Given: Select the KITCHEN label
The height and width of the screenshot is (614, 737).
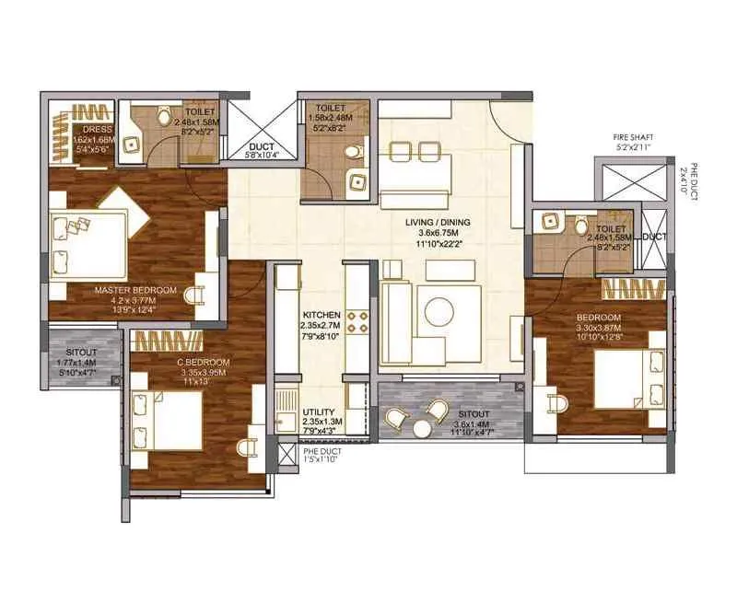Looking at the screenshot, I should click(x=322, y=315).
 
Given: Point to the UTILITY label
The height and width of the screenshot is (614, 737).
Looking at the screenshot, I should click(x=321, y=412).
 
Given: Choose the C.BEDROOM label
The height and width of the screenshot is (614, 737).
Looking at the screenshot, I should click(x=204, y=363).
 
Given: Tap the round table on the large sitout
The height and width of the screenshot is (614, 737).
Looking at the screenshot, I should click(x=422, y=427).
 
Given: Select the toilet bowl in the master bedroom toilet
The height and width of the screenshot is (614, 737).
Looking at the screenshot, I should click(x=165, y=115).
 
